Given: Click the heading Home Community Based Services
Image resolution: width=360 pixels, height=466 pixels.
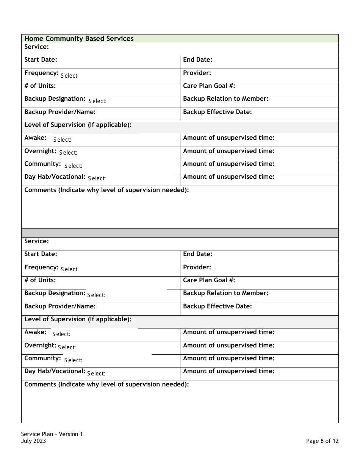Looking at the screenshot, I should pyautogui.click(x=79, y=39).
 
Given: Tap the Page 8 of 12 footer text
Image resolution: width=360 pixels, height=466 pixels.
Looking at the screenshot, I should pyautogui.click(x=322, y=441).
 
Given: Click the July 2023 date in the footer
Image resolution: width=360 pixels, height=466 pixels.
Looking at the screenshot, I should pyautogui.click(x=34, y=441).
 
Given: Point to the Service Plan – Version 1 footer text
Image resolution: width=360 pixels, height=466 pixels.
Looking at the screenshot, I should pyautogui.click(x=52, y=434).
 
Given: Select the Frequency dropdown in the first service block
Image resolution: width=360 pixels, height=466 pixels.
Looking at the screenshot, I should pyautogui.click(x=69, y=76).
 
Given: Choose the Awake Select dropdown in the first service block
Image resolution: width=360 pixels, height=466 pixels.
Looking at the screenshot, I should pyautogui.click(x=62, y=140).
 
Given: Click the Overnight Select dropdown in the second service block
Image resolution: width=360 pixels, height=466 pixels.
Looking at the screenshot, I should pyautogui.click(x=67, y=347).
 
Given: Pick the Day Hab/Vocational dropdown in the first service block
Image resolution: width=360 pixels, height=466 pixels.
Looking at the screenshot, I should pyautogui.click(x=97, y=178).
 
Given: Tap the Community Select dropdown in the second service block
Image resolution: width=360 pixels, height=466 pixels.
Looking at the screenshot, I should pyautogui.click(x=73, y=360).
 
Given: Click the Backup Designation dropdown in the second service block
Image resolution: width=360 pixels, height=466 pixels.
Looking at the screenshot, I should pyautogui.click(x=96, y=295).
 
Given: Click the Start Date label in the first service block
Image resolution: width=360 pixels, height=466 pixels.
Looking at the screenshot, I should pyautogui.click(x=41, y=60).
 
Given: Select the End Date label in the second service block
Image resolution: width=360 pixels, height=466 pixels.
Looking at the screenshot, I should pyautogui.click(x=197, y=254).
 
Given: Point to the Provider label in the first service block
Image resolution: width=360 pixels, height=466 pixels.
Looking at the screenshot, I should pyautogui.click(x=197, y=73).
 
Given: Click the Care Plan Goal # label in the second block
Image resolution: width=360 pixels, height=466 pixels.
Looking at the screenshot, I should pyautogui.click(x=209, y=280).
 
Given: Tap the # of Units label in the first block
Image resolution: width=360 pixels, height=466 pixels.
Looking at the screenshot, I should pyautogui.click(x=40, y=86).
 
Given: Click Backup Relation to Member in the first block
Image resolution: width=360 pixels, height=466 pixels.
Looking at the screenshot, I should pyautogui.click(x=225, y=99).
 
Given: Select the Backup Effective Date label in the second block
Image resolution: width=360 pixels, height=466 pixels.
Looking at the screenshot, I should pyautogui.click(x=217, y=306).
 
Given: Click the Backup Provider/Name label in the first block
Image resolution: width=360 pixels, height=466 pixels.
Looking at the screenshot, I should pyautogui.click(x=60, y=112).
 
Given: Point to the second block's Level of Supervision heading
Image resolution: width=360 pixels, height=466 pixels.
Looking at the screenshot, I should pyautogui.click(x=78, y=319).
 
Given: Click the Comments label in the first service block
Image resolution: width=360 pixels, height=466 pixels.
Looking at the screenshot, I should pyautogui.click(x=106, y=190).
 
